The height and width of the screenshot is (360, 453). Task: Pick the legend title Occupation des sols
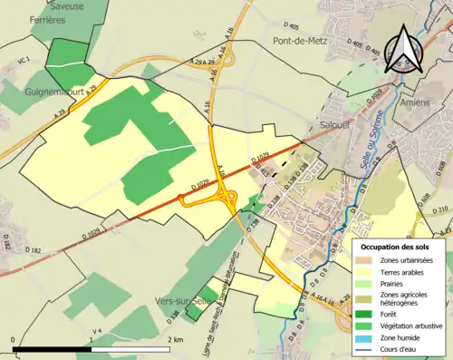pyautogui.click(x=400, y=246)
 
